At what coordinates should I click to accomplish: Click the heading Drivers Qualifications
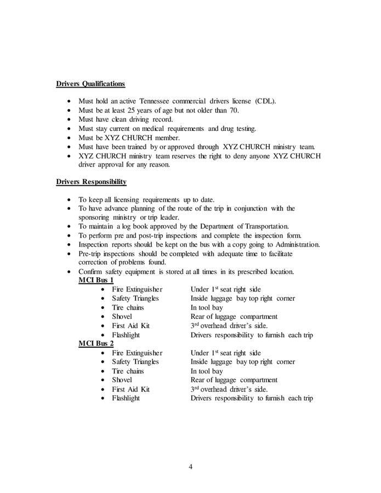click(x=90, y=84)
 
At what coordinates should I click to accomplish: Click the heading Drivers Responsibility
click(x=91, y=181)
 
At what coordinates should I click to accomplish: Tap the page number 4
click(x=190, y=467)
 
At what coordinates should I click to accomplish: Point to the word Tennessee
click(x=163, y=101)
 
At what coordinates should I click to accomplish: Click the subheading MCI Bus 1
click(x=96, y=280)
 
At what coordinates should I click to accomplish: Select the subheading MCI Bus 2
click(x=96, y=343)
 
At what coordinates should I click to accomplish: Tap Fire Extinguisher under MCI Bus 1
click(x=137, y=289)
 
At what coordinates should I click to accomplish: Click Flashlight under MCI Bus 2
click(x=126, y=398)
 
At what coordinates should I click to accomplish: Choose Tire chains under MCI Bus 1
click(x=128, y=308)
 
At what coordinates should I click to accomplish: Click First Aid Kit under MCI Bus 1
click(x=130, y=325)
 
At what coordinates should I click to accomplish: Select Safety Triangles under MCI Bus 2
click(x=135, y=362)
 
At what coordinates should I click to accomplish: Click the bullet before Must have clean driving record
click(x=69, y=119)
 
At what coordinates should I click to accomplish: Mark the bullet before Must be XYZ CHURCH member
click(x=69, y=137)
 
